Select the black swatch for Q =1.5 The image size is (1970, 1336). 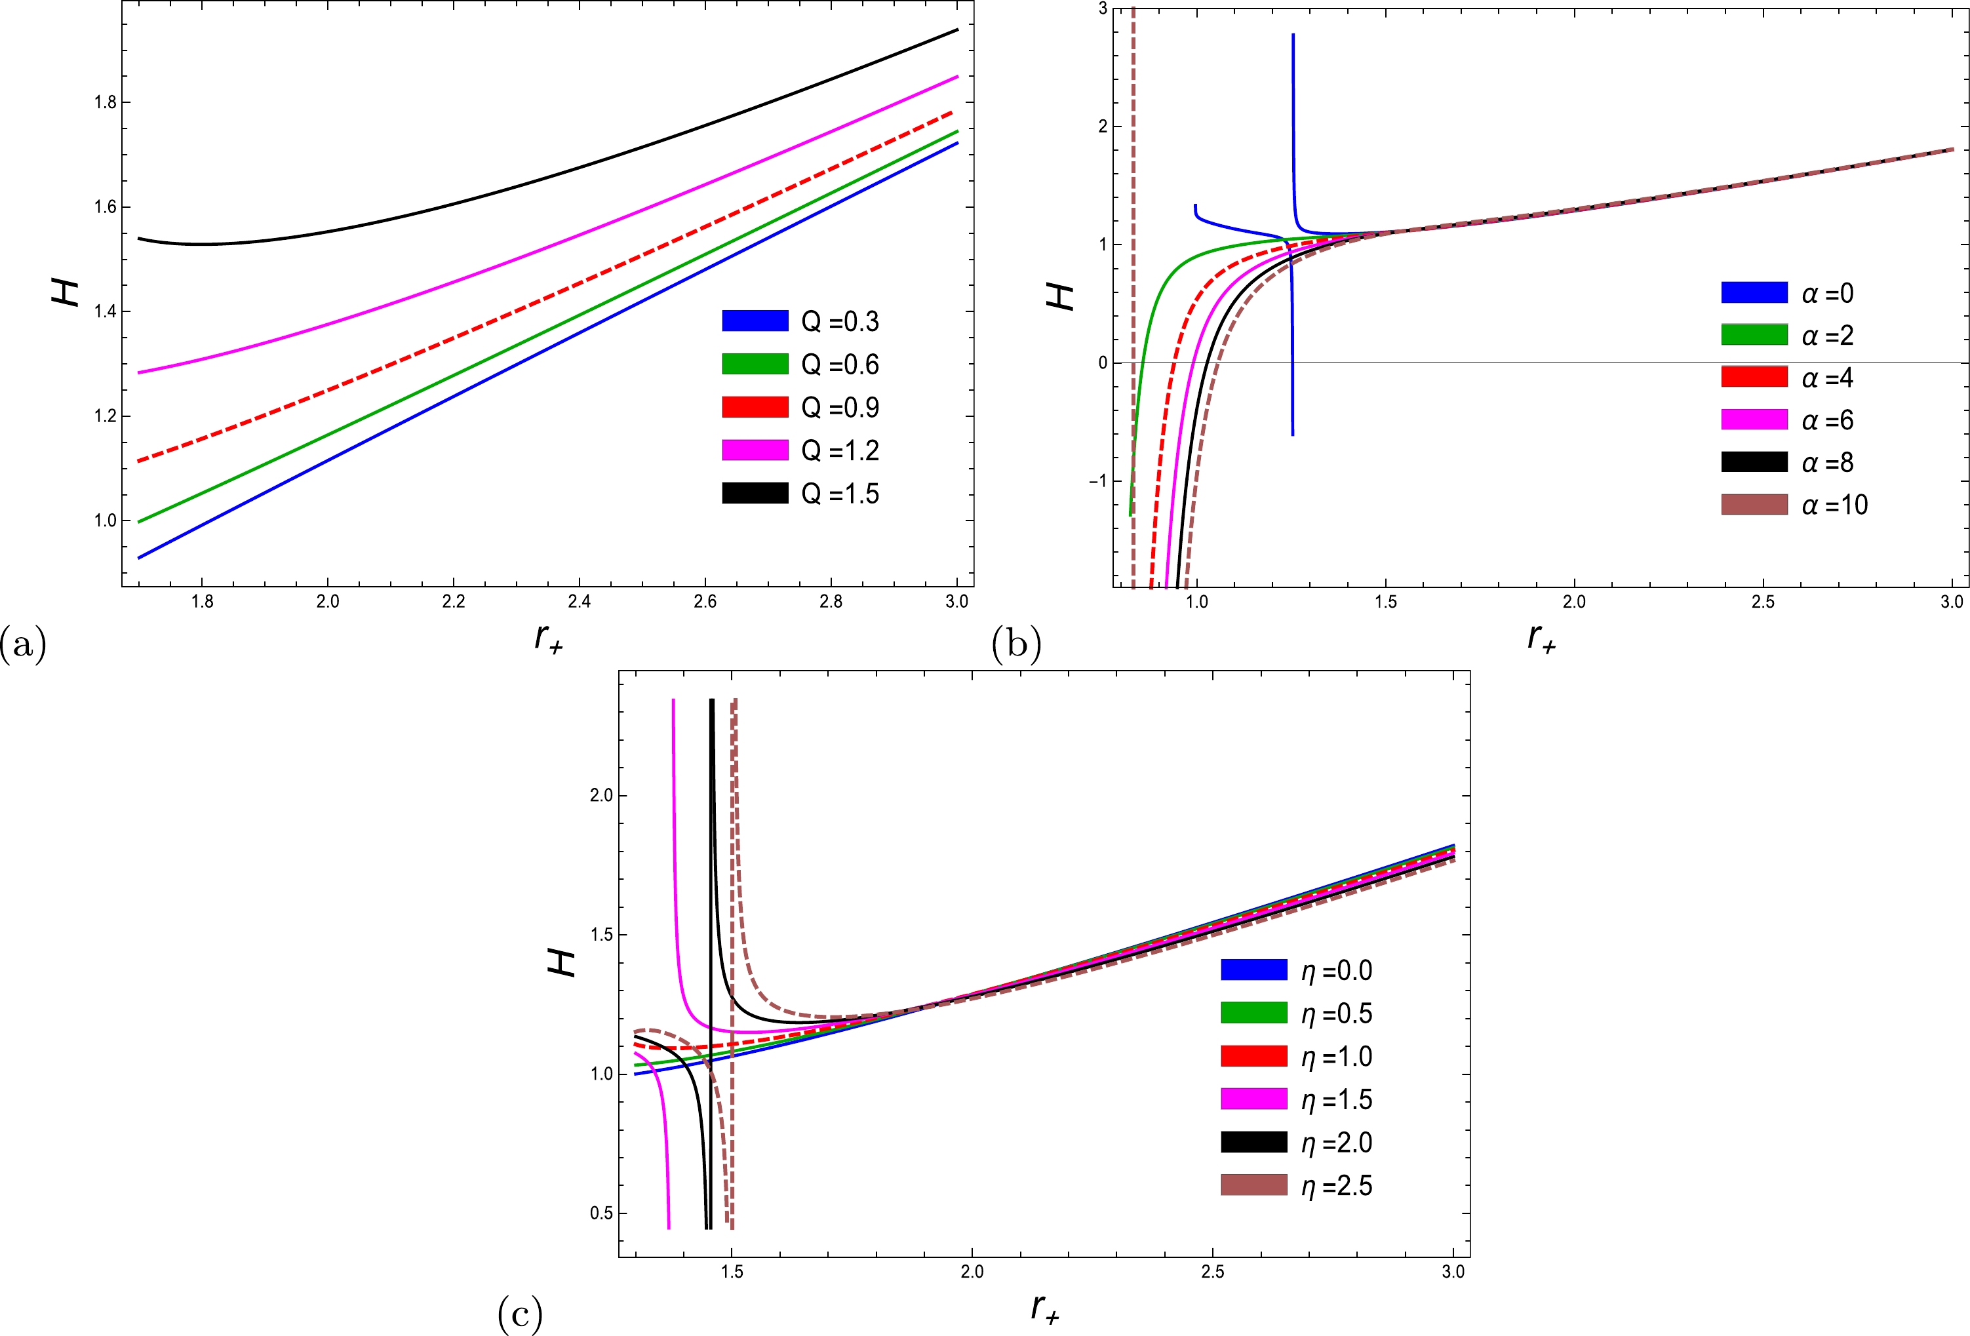[755, 494]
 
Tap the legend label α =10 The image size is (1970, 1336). [1834, 505]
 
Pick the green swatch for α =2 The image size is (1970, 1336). [1754, 335]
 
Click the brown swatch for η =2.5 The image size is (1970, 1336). [1253, 1185]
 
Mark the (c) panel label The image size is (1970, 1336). [520, 1315]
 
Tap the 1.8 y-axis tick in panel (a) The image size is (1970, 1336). [105, 102]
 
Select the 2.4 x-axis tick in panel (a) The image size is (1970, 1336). [579, 602]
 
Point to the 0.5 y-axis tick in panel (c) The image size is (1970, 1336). [601, 1213]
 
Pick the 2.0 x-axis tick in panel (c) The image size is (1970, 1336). [972, 1272]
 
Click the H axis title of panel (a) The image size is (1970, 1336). [66, 293]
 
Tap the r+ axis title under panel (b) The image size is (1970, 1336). [1541, 637]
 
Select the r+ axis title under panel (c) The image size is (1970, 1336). [1044, 1307]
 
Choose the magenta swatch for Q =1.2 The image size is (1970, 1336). [755, 450]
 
